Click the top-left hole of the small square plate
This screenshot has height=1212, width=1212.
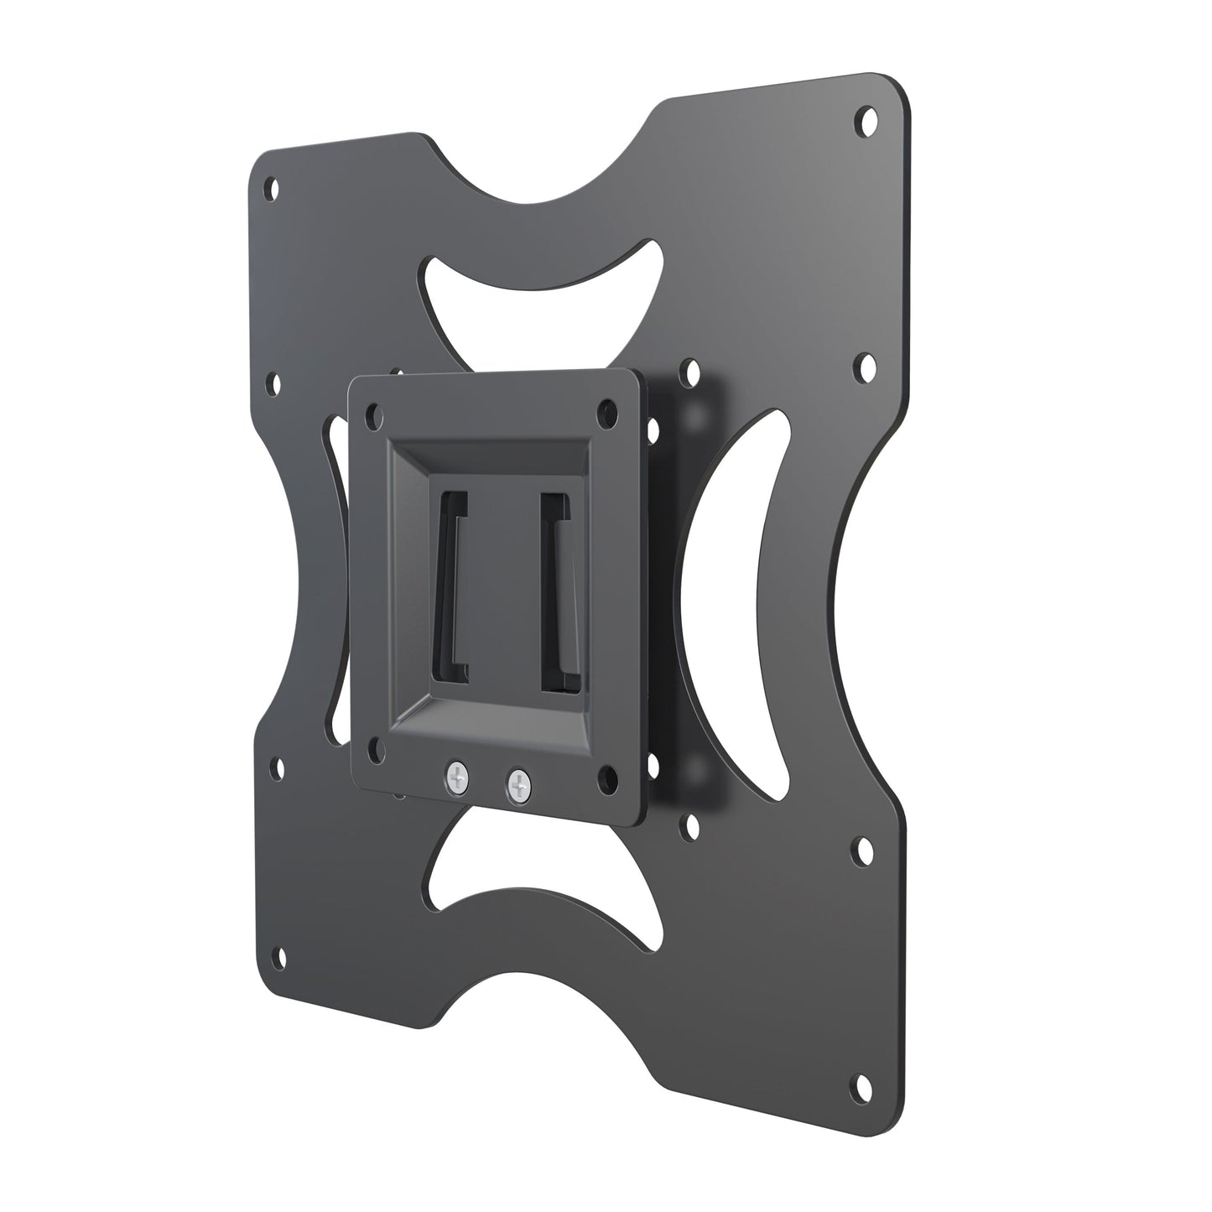pyautogui.click(x=374, y=414)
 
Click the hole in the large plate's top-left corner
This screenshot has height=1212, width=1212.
pyautogui.click(x=270, y=186)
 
